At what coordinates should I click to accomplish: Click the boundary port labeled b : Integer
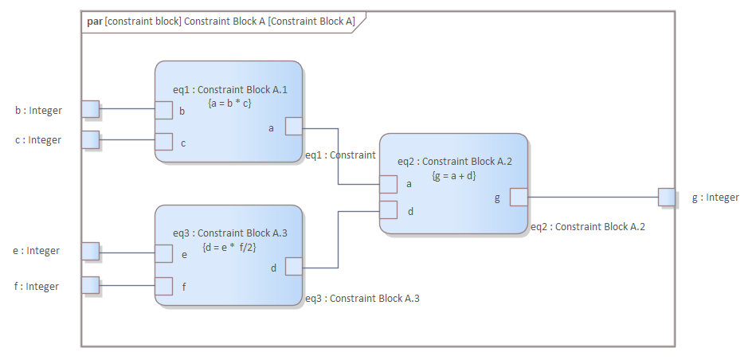[x=91, y=109]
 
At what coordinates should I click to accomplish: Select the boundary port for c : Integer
[x=91, y=140]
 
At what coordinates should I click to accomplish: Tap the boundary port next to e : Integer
[x=91, y=252]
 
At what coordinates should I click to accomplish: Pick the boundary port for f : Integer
[x=91, y=285]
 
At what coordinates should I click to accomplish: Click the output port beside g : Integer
[x=667, y=197]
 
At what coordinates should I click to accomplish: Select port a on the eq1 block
[x=293, y=127]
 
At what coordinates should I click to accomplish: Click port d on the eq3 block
[x=293, y=266]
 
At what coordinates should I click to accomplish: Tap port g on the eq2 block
[x=518, y=197]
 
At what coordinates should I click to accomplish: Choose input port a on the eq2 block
[x=388, y=184]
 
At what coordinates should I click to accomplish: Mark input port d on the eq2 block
[x=388, y=209]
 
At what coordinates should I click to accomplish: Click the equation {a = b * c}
[x=229, y=103]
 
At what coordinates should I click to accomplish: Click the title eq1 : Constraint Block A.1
[x=229, y=90]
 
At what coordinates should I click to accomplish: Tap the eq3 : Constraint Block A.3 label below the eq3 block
[x=362, y=299]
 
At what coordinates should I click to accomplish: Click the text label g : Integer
[x=715, y=198]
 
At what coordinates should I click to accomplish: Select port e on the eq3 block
[x=163, y=253]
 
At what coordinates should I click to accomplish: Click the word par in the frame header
[x=95, y=22]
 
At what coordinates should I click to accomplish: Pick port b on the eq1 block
[x=163, y=110]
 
